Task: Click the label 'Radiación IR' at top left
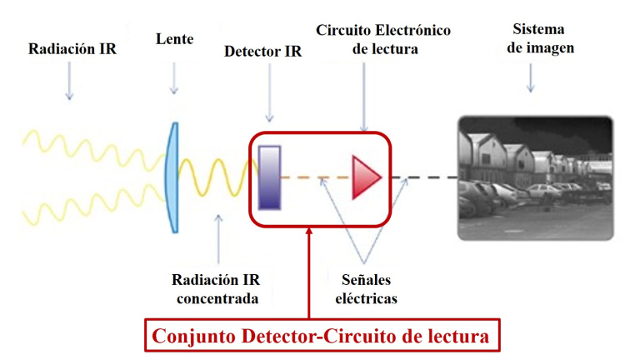tap(72, 49)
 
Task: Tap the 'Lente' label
tap(173, 38)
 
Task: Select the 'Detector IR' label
tap(263, 52)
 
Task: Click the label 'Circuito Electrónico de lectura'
tap(383, 40)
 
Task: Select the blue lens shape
tap(172, 177)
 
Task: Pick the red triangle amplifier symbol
tap(365, 177)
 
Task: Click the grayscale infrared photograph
tap(534, 177)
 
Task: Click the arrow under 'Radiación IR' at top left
tap(69, 83)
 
